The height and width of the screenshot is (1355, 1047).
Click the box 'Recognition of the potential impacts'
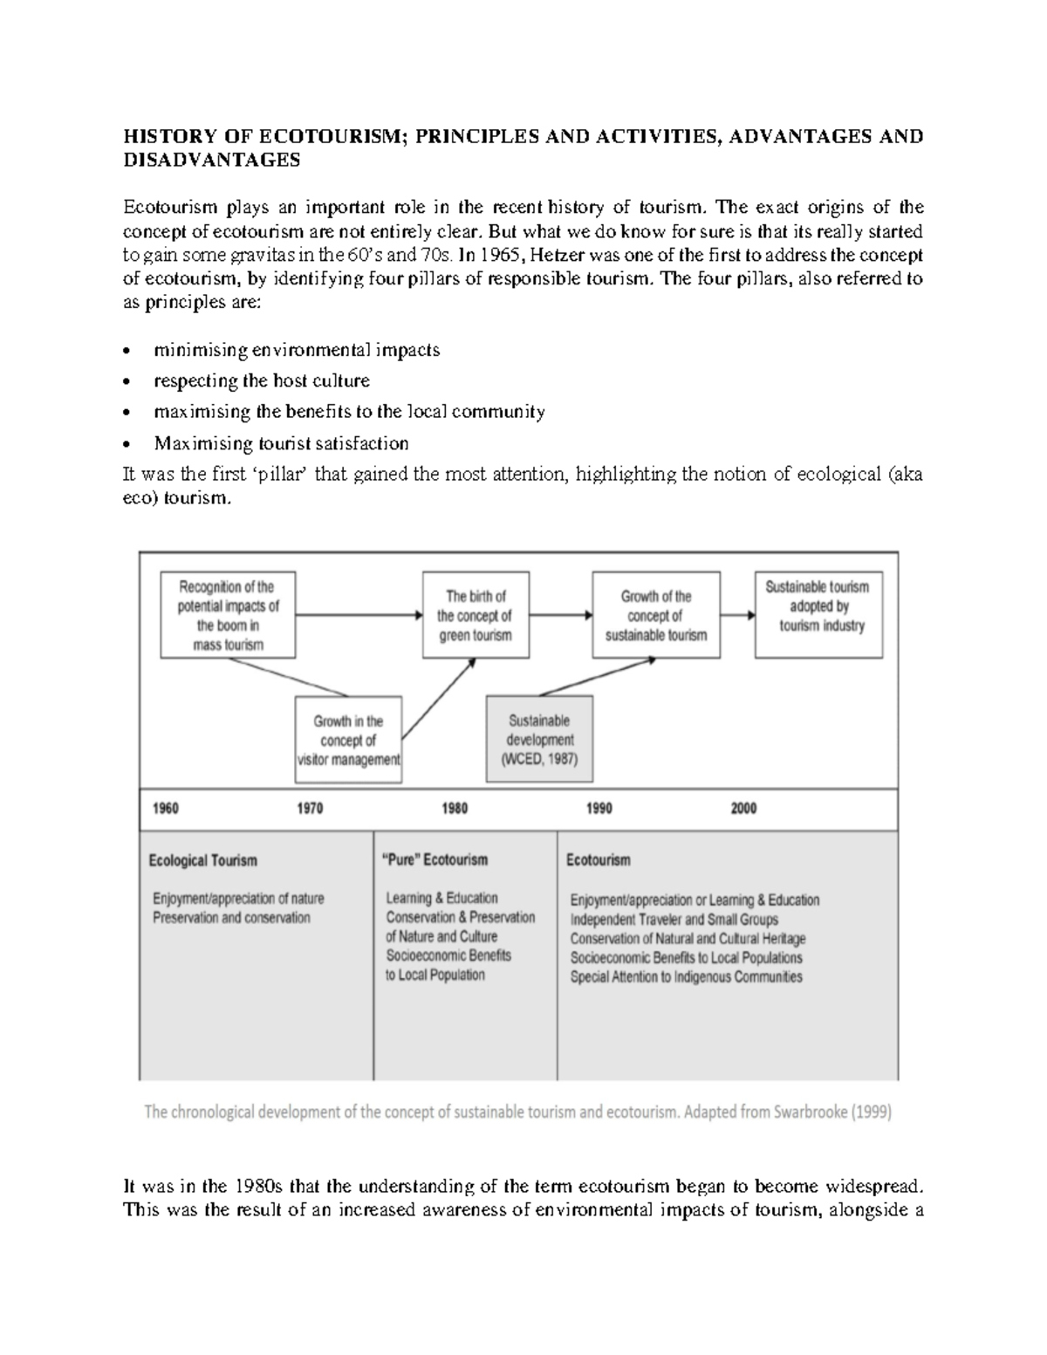(x=228, y=615)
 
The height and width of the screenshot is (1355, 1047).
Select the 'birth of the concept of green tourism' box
(x=476, y=615)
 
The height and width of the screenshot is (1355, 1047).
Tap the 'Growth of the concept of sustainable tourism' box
(x=656, y=615)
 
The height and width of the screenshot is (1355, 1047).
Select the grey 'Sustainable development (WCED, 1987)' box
(x=539, y=739)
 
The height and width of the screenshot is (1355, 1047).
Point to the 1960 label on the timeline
(x=165, y=809)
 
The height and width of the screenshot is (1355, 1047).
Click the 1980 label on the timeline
(x=454, y=809)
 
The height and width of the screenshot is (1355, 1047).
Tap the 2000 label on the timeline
(x=743, y=809)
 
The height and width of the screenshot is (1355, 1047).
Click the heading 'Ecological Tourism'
(x=203, y=860)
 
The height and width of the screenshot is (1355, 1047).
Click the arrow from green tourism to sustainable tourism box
(x=560, y=614)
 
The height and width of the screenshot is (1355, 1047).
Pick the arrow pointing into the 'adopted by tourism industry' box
(x=737, y=614)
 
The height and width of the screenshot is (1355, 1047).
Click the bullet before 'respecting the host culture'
(x=128, y=382)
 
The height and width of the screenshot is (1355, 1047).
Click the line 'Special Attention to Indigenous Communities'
(x=686, y=977)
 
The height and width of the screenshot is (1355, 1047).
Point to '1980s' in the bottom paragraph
(x=258, y=1187)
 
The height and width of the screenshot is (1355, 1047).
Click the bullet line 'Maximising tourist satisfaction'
(x=281, y=443)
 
